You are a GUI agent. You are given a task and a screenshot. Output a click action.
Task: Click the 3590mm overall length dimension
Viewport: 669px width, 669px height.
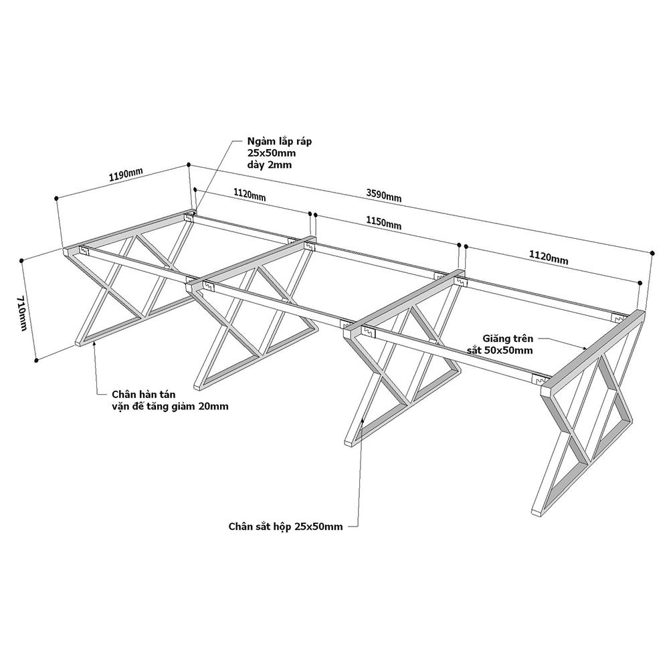[383, 195]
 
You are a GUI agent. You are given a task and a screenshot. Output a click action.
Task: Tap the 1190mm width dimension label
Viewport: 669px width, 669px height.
[126, 174]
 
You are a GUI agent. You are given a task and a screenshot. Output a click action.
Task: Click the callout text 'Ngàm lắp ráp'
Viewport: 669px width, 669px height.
[280, 141]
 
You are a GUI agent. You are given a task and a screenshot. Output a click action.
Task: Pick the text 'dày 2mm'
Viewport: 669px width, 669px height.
[270, 165]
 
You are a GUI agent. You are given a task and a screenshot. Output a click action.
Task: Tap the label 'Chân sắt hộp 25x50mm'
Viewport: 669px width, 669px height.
[286, 527]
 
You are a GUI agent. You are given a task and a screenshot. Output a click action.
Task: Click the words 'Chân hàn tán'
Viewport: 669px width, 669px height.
[144, 394]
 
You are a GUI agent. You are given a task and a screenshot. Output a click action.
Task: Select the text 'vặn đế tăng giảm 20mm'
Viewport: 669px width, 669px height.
[170, 406]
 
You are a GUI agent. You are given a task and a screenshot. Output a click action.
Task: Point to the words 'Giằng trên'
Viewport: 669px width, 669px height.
[508, 339]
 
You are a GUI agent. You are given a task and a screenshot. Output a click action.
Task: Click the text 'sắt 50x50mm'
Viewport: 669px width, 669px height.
[499, 351]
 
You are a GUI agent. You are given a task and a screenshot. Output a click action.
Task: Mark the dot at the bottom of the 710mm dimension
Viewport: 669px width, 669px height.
[36, 361]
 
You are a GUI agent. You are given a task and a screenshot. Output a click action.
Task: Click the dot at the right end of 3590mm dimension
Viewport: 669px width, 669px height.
[652, 253]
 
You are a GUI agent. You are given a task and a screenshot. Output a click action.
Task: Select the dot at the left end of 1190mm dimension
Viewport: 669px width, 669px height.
[56, 198]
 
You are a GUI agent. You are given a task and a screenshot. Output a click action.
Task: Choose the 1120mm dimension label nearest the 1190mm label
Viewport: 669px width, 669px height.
[249, 195]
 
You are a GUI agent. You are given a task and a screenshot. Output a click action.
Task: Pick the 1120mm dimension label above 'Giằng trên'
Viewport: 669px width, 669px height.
[549, 258]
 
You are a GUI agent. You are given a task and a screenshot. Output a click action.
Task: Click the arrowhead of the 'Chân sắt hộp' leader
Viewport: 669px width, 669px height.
[362, 421]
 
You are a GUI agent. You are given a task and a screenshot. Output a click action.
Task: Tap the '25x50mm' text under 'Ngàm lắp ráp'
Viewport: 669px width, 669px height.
[272, 153]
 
